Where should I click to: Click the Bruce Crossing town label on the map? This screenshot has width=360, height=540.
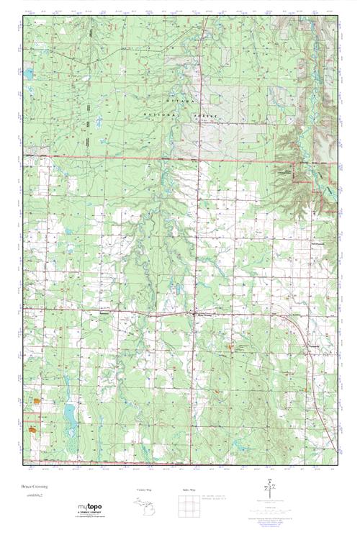coord(206,313)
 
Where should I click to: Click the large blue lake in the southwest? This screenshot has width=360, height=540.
coord(70,413)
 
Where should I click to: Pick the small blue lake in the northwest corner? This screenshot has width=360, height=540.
coord(28,74)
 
